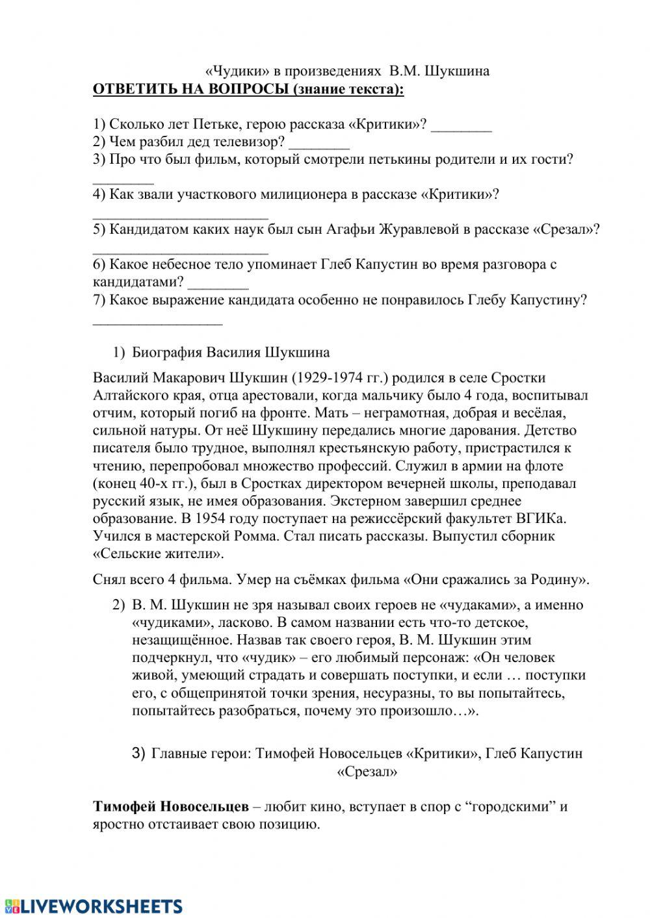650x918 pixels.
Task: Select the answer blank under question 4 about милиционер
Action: click(x=180, y=214)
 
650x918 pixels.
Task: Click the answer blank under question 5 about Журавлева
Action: click(x=180, y=249)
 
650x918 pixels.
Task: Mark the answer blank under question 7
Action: click(x=157, y=319)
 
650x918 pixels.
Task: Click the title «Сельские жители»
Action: click(x=159, y=554)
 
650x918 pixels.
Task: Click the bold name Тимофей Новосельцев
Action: click(x=171, y=807)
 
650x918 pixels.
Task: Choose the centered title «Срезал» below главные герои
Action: click(x=367, y=772)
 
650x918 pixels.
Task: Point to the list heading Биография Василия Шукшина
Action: click(x=230, y=353)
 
